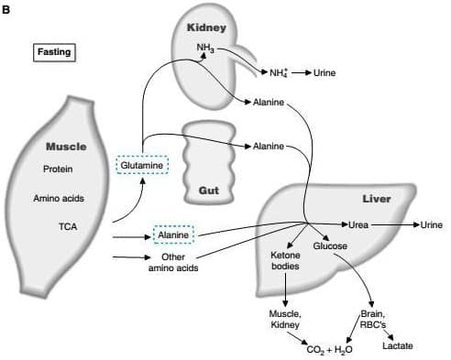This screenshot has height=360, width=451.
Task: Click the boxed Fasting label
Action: (53, 51)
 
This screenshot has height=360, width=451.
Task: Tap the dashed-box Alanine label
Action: (172, 235)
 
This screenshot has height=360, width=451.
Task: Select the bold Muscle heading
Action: (65, 146)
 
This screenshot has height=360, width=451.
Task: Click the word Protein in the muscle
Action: (58, 169)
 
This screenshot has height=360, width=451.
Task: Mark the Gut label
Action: (208, 191)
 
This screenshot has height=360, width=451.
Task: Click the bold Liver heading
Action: (376, 199)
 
